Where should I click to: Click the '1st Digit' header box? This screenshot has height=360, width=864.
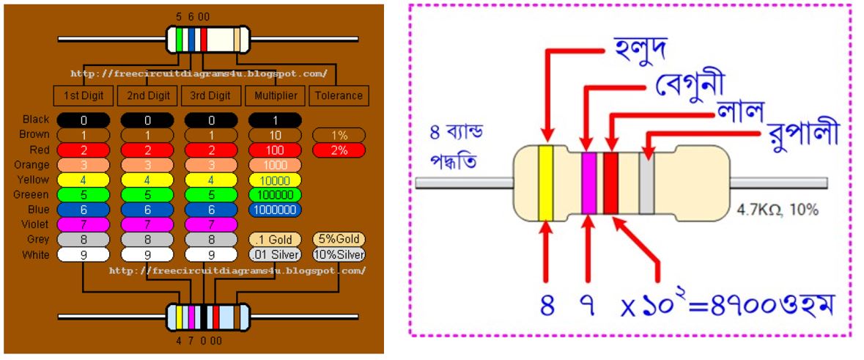pos(84,95)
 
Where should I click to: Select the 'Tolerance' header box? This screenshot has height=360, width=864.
pos(339,95)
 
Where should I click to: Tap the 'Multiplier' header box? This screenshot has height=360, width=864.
pos(276,95)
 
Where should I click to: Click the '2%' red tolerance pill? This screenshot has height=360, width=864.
pos(339,150)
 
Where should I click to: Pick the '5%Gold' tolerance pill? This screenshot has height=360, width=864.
pos(339,240)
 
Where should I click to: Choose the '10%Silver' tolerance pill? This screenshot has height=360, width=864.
pos(339,254)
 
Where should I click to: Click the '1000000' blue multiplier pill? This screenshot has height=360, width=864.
pos(276,210)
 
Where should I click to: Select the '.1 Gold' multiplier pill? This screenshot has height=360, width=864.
pos(275,240)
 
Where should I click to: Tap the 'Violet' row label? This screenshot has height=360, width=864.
pos(35,224)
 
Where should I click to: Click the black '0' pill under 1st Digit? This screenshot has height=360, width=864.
pos(84,120)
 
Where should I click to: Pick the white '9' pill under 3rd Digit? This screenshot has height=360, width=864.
pos(211,254)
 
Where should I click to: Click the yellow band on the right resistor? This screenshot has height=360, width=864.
pos(545,183)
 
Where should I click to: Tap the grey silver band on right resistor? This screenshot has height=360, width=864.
pos(646,183)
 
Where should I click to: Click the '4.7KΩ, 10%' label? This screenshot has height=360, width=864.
pos(777,210)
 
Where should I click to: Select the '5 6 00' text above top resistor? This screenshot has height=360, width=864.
pos(193,16)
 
